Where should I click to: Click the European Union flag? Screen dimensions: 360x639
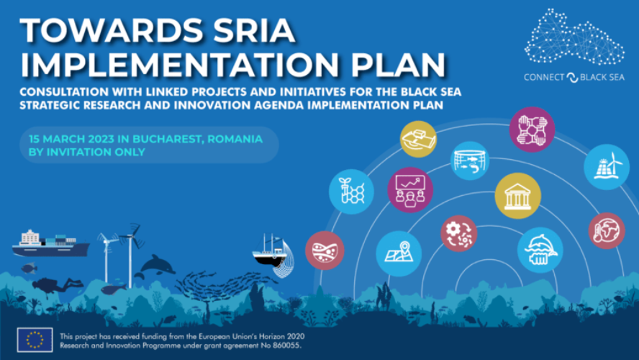point(35,340)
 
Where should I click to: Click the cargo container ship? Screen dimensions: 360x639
point(50,244)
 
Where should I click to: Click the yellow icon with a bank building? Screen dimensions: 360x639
point(517,196)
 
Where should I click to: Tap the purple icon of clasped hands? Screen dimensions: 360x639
point(531,130)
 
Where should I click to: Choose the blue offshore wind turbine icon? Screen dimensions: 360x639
point(606,166)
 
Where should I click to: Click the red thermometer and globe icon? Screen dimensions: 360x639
point(606,230)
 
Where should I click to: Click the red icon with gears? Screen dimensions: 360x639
point(458,233)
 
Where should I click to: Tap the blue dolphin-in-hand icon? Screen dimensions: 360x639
point(540,250)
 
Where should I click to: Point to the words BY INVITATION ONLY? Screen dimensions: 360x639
point(87,152)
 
